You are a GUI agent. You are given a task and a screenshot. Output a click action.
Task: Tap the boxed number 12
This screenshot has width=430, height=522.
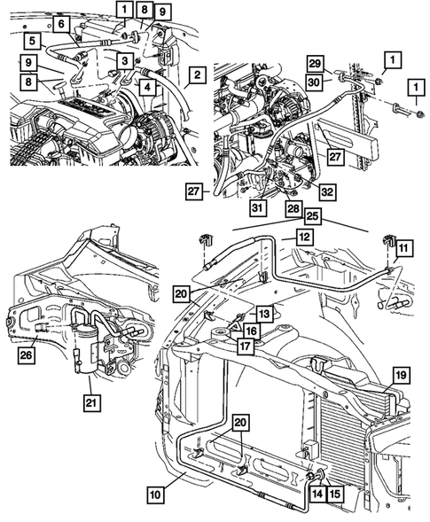(303, 238)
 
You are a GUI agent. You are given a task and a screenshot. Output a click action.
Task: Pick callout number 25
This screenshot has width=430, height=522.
(313, 217)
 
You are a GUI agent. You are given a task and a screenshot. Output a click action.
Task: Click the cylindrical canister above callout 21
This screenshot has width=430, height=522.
(86, 346)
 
